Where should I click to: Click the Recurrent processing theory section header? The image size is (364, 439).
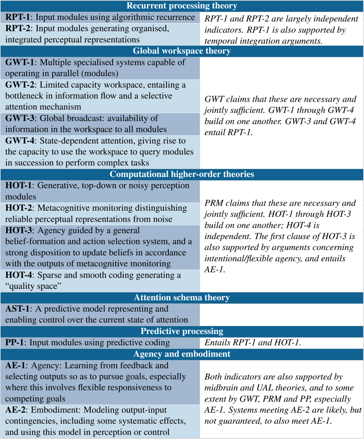(182, 6)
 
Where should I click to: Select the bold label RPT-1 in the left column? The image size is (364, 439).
(16, 17)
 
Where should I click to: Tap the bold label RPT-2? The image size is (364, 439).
(16, 29)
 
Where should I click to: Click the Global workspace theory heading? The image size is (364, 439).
(182, 51)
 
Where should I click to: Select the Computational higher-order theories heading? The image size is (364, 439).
(182, 174)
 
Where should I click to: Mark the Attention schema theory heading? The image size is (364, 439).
(182, 298)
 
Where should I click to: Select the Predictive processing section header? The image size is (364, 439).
(182, 331)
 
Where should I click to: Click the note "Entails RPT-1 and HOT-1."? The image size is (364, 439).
(252, 342)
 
